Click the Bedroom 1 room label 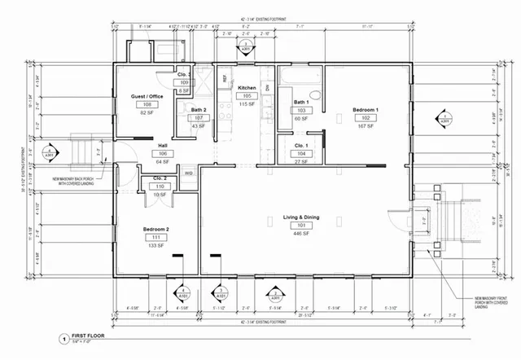click(364, 108)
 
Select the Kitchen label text click(247, 87)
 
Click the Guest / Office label click(147, 97)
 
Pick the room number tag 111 click(155, 237)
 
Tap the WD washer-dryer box click(188, 173)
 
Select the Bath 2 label click(199, 109)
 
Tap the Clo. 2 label click(160, 178)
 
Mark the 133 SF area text click(155, 245)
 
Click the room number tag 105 click(247, 95)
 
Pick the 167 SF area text click(364, 126)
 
